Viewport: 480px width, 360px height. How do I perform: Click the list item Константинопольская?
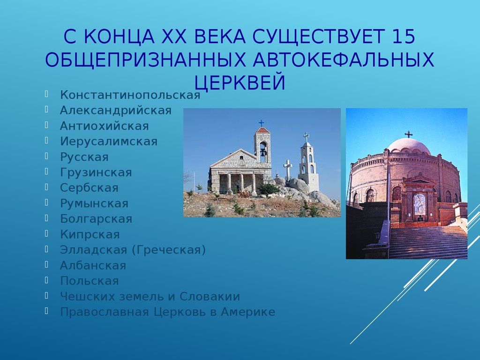[130, 95]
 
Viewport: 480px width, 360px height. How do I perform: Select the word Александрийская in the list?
[116, 111]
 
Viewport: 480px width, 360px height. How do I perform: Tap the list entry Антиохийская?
[105, 126]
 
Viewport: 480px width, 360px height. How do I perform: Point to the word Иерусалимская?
[109, 142]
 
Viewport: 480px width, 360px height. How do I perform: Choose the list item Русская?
[84, 157]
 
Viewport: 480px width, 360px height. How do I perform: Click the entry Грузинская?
[96, 172]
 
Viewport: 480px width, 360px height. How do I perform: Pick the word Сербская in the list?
[89, 187]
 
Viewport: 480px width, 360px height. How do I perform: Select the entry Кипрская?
[90, 234]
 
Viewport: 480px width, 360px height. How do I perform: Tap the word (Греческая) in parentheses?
[169, 250]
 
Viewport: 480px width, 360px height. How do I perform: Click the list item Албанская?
[93, 265]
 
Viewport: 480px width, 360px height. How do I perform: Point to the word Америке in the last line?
[248, 312]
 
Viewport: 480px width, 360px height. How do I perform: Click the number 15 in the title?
[403, 37]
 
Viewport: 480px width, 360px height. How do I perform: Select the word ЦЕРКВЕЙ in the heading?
[240, 82]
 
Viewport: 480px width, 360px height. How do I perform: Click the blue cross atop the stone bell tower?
[262, 123]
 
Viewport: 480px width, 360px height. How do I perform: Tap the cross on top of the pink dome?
[408, 134]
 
